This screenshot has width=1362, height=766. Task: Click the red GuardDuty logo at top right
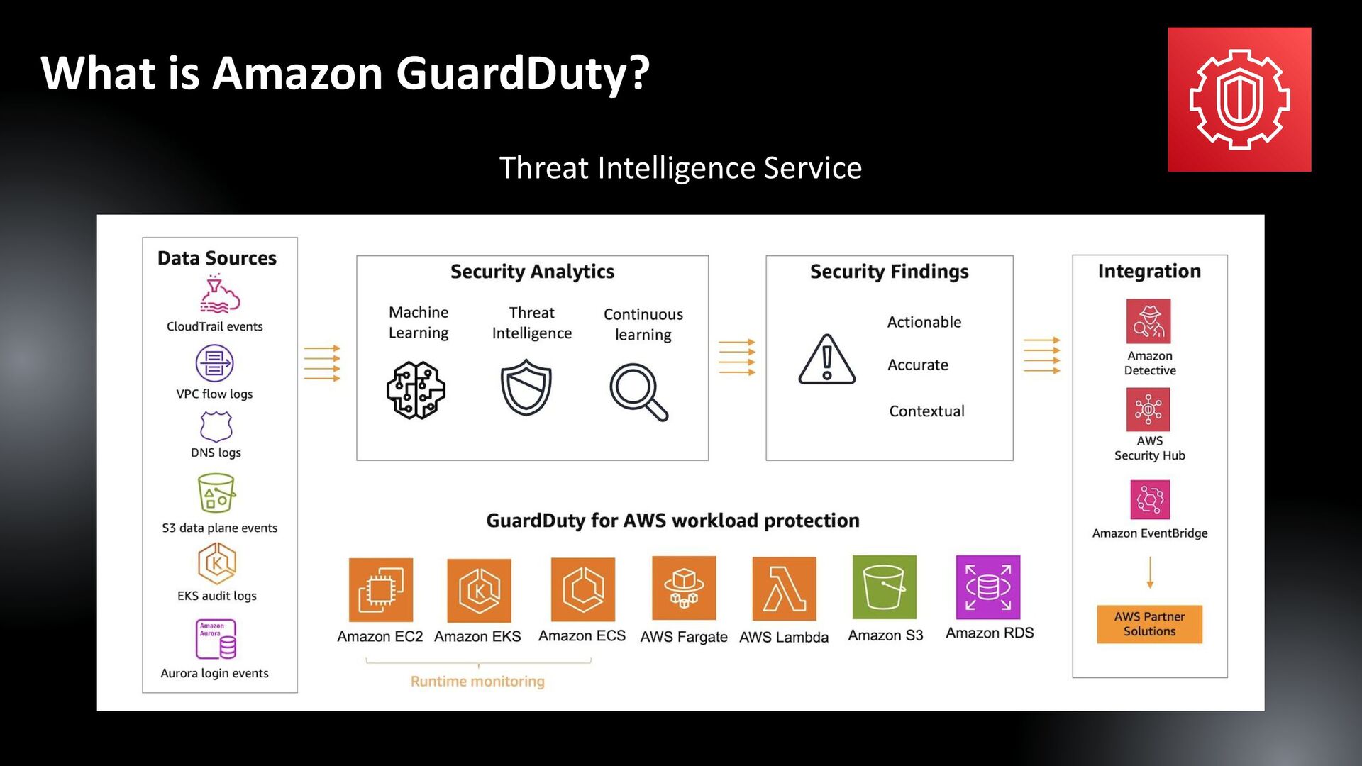1239,99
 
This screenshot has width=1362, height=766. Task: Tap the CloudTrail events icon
219,296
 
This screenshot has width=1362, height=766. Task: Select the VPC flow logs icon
214,363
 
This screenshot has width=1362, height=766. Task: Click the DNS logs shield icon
216,426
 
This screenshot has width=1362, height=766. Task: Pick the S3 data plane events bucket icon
216,493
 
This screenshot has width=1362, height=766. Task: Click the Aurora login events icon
216,639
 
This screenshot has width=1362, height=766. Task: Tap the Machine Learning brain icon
416,390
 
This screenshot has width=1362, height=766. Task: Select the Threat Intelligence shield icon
526,387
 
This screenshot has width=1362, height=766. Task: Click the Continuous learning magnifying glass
638,392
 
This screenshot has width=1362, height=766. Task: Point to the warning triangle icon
826,360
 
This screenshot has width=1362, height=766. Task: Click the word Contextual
926,411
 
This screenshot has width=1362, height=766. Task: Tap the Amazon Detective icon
1148,321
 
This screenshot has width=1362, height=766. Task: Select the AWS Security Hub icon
1148,409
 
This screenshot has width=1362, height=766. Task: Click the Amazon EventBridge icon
1149,500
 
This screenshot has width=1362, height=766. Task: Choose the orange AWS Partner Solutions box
1149,624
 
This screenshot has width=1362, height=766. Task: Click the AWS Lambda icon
784,589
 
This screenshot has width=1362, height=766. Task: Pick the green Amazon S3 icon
884,587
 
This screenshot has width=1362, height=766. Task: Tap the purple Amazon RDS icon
988,587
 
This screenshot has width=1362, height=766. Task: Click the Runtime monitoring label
477,682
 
